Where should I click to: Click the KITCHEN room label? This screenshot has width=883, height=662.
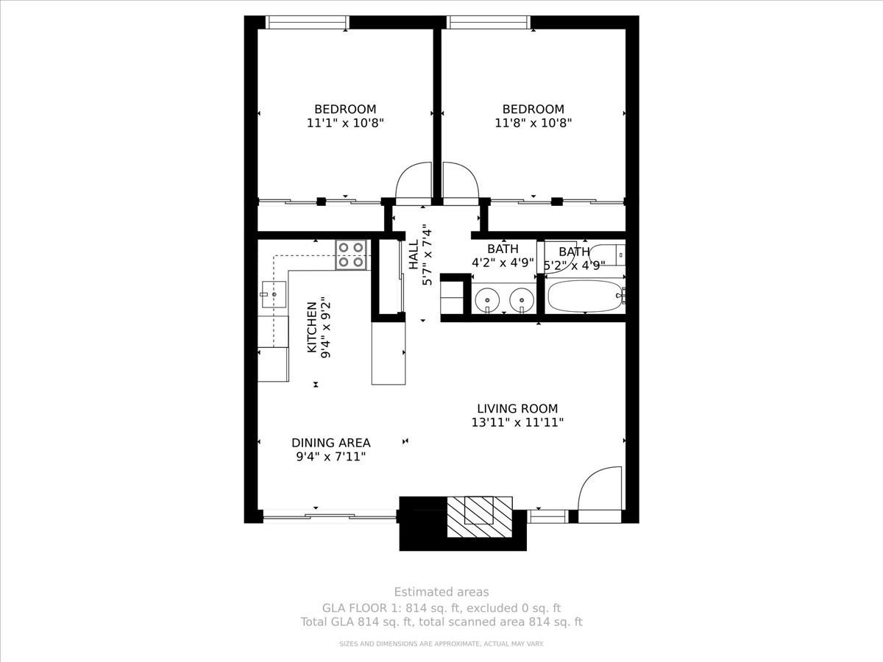click(312, 327)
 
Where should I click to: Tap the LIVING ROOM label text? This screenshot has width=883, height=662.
click(517, 408)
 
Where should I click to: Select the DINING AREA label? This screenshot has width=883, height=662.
click(330, 443)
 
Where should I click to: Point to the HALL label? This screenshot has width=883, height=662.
click(414, 255)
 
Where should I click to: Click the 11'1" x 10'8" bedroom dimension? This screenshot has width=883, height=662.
click(345, 123)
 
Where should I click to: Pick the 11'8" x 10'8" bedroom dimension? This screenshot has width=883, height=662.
click(533, 123)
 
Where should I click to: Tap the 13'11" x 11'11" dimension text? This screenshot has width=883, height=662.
click(517, 422)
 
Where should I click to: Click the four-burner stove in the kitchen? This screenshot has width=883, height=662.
click(351, 255)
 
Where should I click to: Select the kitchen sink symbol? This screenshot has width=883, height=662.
click(274, 294)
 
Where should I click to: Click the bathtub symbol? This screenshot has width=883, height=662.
click(585, 296)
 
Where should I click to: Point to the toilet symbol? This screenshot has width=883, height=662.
click(609, 255)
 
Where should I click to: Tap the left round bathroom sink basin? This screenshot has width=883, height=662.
click(487, 300)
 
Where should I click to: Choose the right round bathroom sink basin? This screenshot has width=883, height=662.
click(522, 300)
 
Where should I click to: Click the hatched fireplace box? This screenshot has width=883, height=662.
click(480, 517)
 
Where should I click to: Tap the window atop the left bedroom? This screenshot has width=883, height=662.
click(307, 22)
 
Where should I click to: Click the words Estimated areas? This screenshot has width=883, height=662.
click(441, 591)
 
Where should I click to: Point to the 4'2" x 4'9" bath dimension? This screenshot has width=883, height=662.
click(503, 262)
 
